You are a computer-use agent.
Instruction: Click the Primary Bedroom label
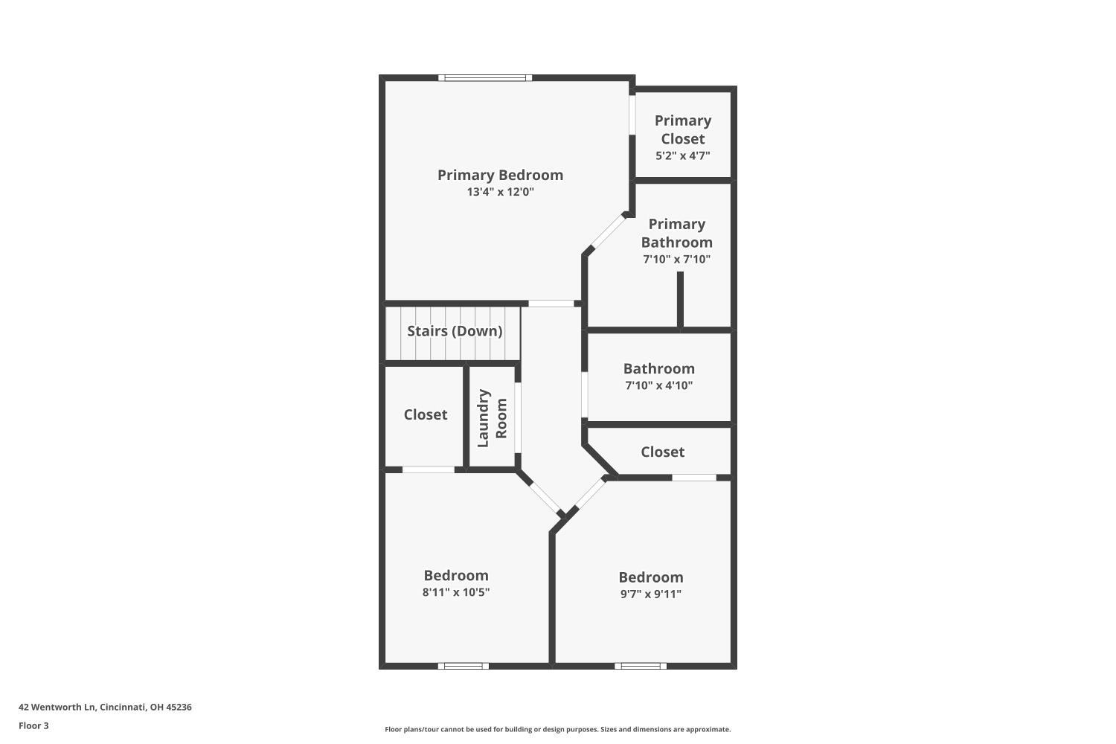(500, 175)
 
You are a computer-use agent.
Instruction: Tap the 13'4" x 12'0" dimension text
(500, 192)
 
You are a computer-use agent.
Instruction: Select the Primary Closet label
(682, 129)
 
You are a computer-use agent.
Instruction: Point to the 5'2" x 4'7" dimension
(682, 156)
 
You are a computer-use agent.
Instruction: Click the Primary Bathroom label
(676, 233)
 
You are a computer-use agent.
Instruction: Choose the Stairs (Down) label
(454, 331)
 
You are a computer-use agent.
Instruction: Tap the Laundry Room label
(492, 418)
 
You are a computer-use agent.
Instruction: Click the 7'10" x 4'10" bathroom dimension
(658, 385)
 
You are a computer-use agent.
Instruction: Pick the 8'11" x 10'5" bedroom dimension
(455, 592)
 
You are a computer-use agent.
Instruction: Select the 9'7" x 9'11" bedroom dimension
(650, 594)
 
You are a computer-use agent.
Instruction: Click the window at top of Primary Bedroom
(484, 77)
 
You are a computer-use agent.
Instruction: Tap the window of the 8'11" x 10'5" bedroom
(463, 666)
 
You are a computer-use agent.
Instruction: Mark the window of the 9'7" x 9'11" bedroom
(640, 666)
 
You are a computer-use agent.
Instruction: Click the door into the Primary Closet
(632, 115)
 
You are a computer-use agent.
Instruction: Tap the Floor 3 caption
(33, 725)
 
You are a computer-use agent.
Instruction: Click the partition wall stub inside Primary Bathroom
(680, 299)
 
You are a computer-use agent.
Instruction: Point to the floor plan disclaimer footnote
(557, 729)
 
